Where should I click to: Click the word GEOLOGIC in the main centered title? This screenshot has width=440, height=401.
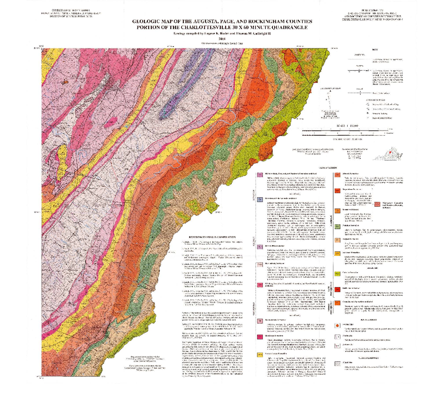click(148, 22)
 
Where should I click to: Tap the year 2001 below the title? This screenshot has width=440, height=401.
click(222, 39)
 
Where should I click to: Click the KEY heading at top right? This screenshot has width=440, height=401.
click(374, 49)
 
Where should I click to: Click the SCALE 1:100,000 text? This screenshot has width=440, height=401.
click(345, 126)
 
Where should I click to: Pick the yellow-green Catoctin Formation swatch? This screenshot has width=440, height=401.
click(337, 274)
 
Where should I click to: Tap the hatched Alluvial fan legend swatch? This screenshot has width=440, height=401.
click(337, 364)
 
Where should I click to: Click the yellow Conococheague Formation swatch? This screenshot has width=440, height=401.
click(260, 354)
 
